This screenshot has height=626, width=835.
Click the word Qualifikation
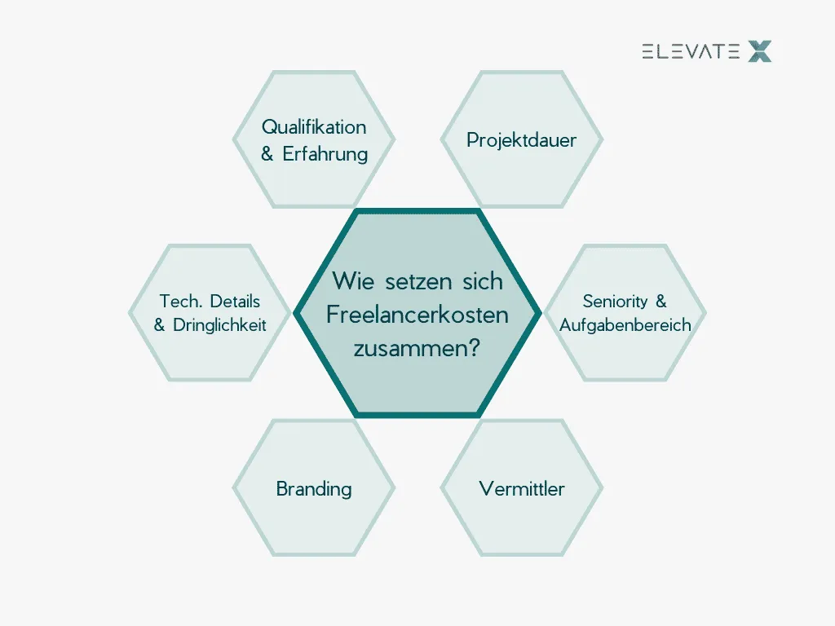(x=314, y=128)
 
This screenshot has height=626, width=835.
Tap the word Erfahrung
(x=325, y=154)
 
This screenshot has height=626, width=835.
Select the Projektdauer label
(x=521, y=140)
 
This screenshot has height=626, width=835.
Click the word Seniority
(x=615, y=302)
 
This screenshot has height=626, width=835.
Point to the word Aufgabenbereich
(x=625, y=325)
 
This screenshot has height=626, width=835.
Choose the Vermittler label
(x=522, y=489)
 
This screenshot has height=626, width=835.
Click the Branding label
(x=314, y=489)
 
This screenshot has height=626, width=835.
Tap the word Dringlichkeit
(x=219, y=325)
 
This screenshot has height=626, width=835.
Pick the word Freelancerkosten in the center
(x=417, y=315)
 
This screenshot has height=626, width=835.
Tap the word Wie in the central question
(x=349, y=282)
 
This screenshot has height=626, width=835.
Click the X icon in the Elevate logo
(x=759, y=52)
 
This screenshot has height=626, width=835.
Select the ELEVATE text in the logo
(x=691, y=52)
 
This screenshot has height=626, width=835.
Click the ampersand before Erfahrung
(x=267, y=154)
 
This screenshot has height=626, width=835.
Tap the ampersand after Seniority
(x=660, y=302)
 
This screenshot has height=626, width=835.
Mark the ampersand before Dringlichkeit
(x=159, y=325)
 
